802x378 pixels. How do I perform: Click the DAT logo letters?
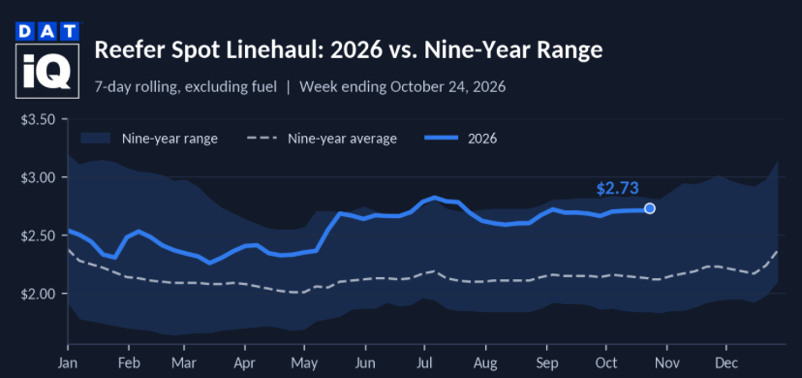[47, 32]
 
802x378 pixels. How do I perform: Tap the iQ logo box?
[47, 71]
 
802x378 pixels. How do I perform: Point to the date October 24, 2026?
[448, 87]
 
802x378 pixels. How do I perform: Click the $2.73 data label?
[618, 188]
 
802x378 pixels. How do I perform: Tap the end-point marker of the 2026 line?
[650, 208]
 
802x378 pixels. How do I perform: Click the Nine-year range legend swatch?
[95, 138]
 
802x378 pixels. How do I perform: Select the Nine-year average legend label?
[342, 139]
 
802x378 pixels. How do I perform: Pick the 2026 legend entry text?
[482, 139]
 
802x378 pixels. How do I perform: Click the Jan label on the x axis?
[68, 362]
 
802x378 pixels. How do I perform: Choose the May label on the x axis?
[305, 363]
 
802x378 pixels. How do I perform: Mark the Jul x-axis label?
[424, 362]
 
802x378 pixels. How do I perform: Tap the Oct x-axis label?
[606, 362]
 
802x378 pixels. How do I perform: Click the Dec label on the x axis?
[726, 362]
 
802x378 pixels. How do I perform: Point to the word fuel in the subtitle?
[265, 87]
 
